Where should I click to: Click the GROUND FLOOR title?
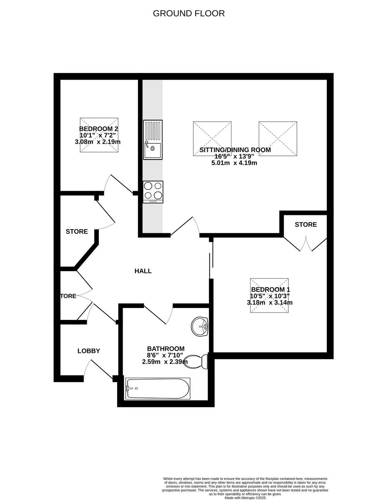188,13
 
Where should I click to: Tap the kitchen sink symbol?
153,140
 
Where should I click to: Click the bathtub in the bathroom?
158,388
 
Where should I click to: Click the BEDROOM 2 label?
96,129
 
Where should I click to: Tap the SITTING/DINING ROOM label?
235,150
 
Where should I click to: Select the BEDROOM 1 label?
270,290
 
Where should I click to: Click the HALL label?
143,271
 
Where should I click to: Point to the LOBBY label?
89,351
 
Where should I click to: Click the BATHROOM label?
166,349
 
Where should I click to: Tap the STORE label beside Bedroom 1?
306,225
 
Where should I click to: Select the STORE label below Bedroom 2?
77,231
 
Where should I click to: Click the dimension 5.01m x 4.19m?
234,163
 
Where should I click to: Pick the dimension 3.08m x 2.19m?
98,142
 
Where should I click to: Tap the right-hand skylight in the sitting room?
278,139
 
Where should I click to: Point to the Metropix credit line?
245,497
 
